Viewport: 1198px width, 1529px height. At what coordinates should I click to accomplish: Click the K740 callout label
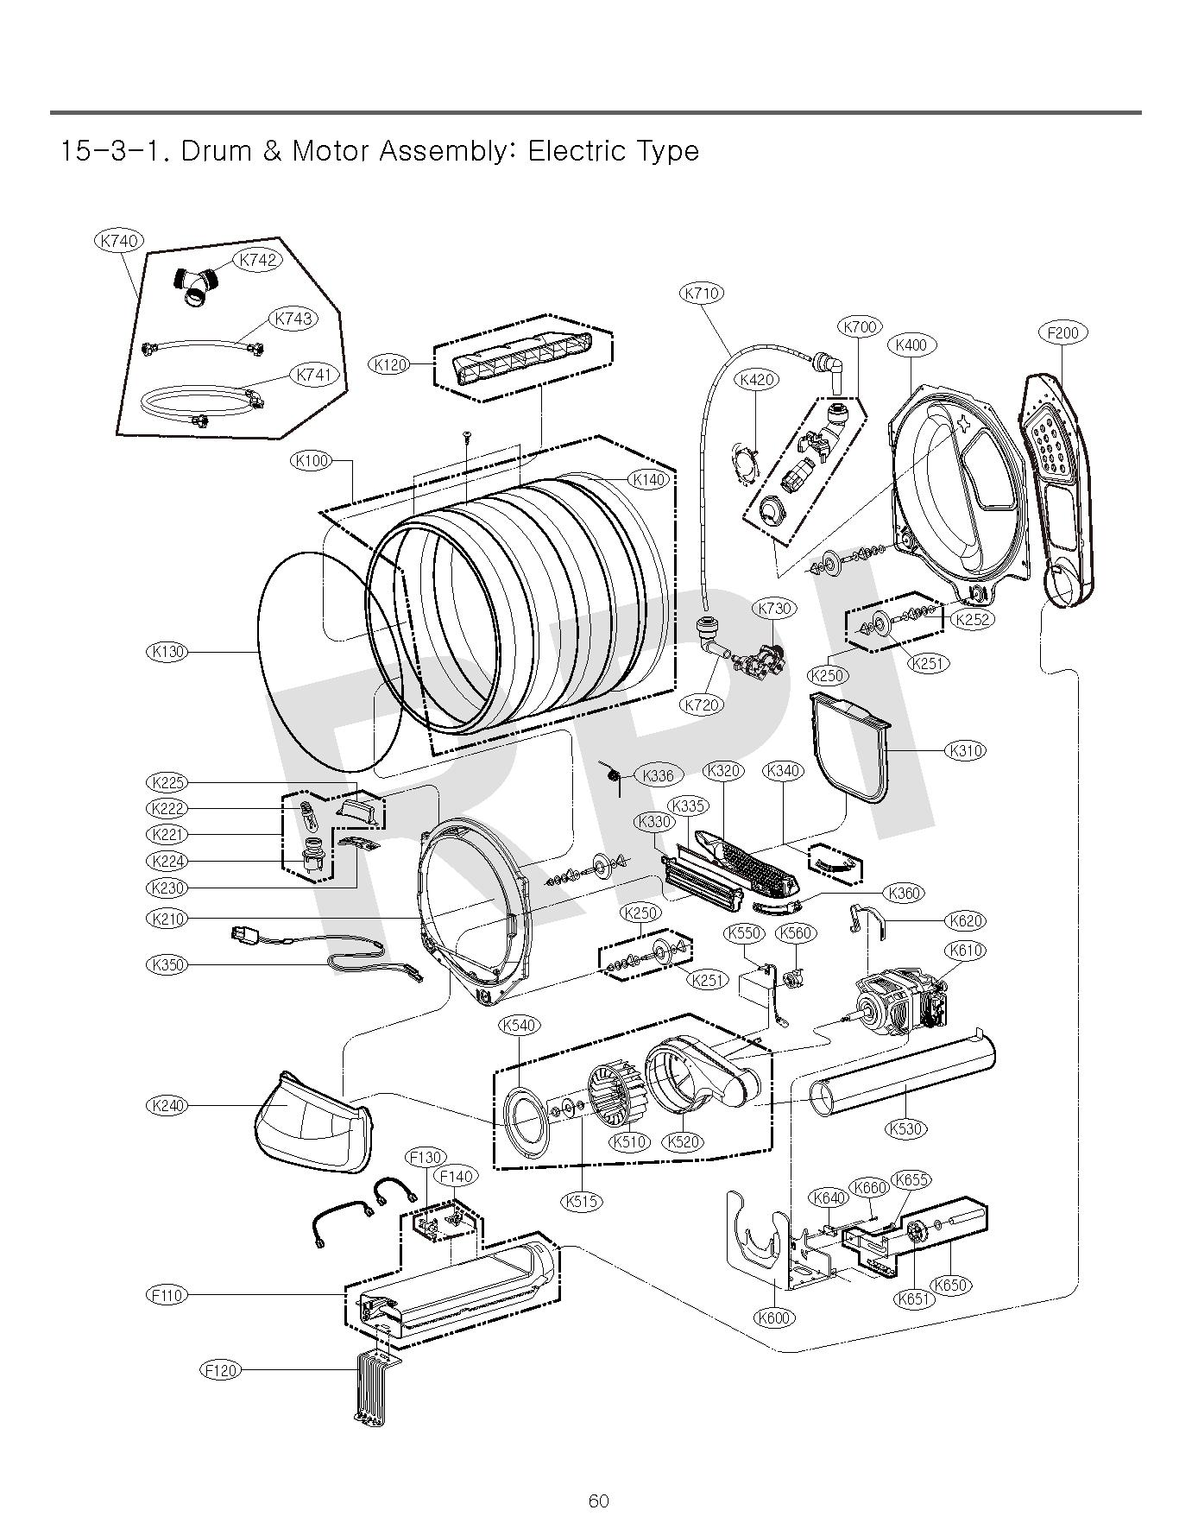[118, 241]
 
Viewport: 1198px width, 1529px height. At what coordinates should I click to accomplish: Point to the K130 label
[167, 651]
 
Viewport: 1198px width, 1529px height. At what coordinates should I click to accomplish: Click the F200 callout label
[1062, 332]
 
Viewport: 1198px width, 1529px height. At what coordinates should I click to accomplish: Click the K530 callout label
[906, 1128]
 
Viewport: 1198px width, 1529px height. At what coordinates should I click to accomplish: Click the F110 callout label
[167, 1295]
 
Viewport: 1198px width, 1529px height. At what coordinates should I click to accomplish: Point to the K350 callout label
[167, 964]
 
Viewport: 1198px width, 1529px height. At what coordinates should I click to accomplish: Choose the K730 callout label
[774, 608]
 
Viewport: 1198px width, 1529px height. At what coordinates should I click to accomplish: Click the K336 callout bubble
[658, 775]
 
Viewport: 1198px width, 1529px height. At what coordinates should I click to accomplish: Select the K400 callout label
[911, 345]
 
